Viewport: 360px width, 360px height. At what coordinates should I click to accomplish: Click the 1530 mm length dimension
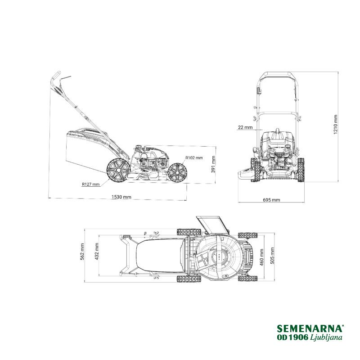tap(121, 197)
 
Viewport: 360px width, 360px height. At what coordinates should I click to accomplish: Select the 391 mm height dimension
tap(213, 164)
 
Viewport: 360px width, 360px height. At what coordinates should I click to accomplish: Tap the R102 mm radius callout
tap(194, 158)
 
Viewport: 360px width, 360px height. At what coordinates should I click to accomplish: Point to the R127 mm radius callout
tap(91, 184)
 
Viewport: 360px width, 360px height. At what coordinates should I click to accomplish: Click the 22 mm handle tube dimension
tap(245, 127)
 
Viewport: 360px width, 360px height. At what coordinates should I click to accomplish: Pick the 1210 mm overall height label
tap(336, 125)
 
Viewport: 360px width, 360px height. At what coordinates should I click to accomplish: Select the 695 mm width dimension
tap(271, 200)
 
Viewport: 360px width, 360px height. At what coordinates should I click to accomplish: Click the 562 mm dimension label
tap(82, 252)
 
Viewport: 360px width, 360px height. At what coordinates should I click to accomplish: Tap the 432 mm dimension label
tap(97, 252)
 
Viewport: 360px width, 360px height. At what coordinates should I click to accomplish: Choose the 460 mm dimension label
tap(261, 257)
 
